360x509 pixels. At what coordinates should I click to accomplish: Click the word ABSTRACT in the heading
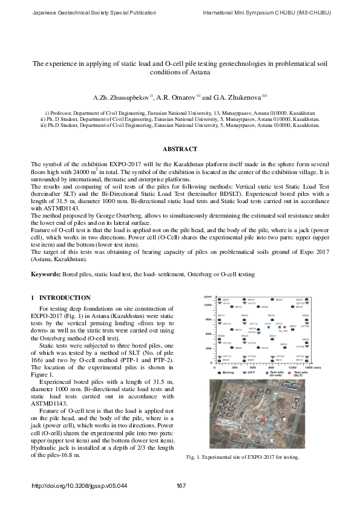(x=180, y=149)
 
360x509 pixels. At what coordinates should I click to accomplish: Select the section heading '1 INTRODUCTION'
(x=61, y=298)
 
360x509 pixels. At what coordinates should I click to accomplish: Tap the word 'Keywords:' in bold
(x=47, y=274)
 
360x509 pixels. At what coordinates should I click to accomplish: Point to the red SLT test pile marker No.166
(x=285, y=327)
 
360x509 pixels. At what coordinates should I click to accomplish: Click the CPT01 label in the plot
(x=253, y=332)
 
